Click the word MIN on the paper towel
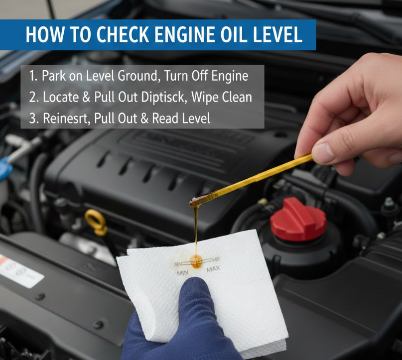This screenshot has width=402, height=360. click(x=182, y=273)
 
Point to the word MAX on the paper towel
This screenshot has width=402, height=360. click(x=213, y=269)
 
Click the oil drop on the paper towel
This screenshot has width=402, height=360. click(x=196, y=261)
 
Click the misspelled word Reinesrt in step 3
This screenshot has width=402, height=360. click(x=66, y=119)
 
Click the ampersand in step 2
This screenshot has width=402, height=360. click(x=86, y=98)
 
